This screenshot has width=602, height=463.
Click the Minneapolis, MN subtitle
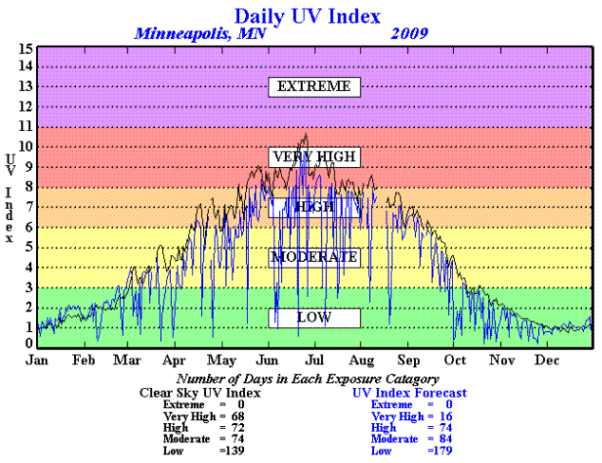tap(200, 34)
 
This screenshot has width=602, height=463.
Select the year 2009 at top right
tap(408, 34)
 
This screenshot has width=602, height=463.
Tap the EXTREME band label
tap(314, 86)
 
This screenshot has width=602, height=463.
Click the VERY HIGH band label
tap(313, 157)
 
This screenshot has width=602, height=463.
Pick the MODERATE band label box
tap(313, 256)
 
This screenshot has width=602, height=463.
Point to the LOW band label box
tap(314, 317)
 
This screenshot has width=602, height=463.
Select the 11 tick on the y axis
tap(28, 127)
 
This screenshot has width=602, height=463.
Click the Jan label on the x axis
tap(37, 361)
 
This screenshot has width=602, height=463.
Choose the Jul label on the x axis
tap(314, 361)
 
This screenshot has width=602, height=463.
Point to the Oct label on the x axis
tap(455, 361)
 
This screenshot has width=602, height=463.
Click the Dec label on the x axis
tap(546, 361)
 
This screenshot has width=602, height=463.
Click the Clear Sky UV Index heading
tap(200, 392)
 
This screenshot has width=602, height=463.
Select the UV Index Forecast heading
tap(409, 392)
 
